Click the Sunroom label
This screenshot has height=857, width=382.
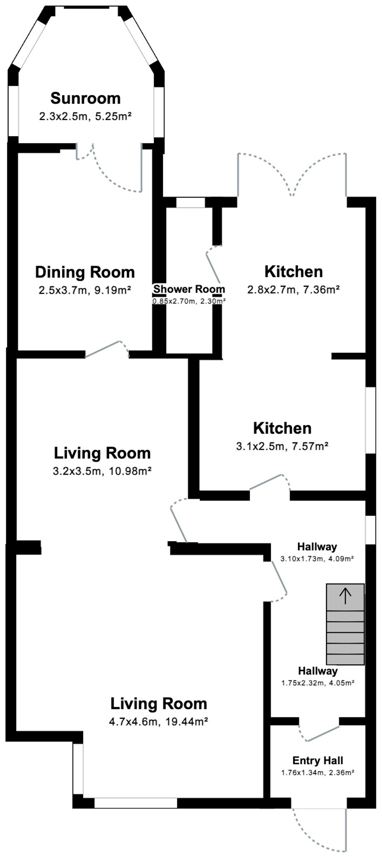(x=85, y=98)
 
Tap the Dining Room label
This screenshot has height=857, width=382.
(x=85, y=272)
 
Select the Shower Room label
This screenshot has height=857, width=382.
(x=189, y=289)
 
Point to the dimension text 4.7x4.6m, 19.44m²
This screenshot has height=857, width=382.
(x=159, y=722)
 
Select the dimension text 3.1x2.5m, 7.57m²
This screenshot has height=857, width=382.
(x=282, y=446)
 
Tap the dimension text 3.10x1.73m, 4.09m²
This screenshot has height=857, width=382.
(x=317, y=559)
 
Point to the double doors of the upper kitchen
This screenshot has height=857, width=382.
(x=292, y=175)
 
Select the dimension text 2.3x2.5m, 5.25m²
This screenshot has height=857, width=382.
(x=85, y=116)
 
